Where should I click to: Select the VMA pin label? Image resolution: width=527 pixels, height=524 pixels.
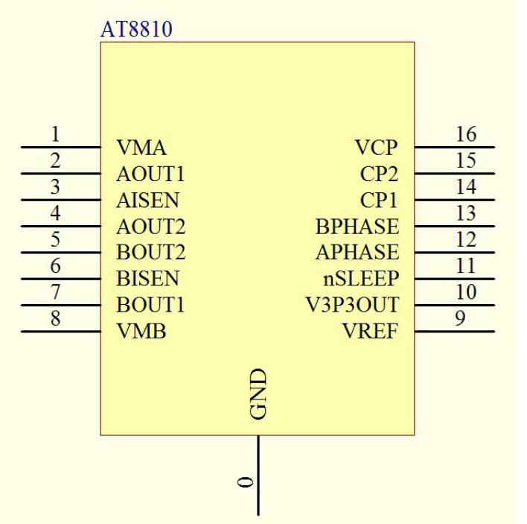[x=141, y=148]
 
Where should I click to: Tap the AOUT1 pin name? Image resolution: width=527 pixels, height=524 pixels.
[x=150, y=174]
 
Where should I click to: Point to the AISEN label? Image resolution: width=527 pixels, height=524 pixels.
[x=147, y=201]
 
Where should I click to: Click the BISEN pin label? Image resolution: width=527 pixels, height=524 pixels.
[x=147, y=279]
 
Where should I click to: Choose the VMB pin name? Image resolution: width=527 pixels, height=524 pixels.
[x=141, y=332]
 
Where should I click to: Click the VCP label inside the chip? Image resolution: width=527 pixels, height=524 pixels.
[x=376, y=148]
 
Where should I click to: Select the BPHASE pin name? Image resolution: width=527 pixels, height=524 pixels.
[x=357, y=227]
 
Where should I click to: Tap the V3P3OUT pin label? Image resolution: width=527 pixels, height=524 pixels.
[x=352, y=305]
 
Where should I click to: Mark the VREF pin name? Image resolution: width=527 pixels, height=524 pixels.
[x=370, y=332]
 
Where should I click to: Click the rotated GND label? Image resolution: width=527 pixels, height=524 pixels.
[x=258, y=393]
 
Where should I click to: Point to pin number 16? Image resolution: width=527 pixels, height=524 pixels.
[x=466, y=135]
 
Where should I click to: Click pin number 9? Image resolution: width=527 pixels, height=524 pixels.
[x=460, y=319]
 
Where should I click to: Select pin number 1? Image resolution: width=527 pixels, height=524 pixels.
[x=56, y=135]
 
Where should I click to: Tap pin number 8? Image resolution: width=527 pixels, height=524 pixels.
[x=56, y=319]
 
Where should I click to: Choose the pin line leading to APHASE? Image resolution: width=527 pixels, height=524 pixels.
[x=454, y=253]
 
